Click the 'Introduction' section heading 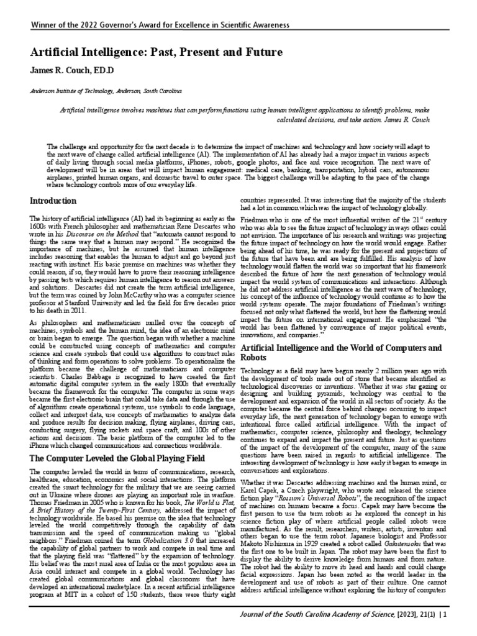coord(54,201)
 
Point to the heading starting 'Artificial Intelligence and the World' coord(342,348)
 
